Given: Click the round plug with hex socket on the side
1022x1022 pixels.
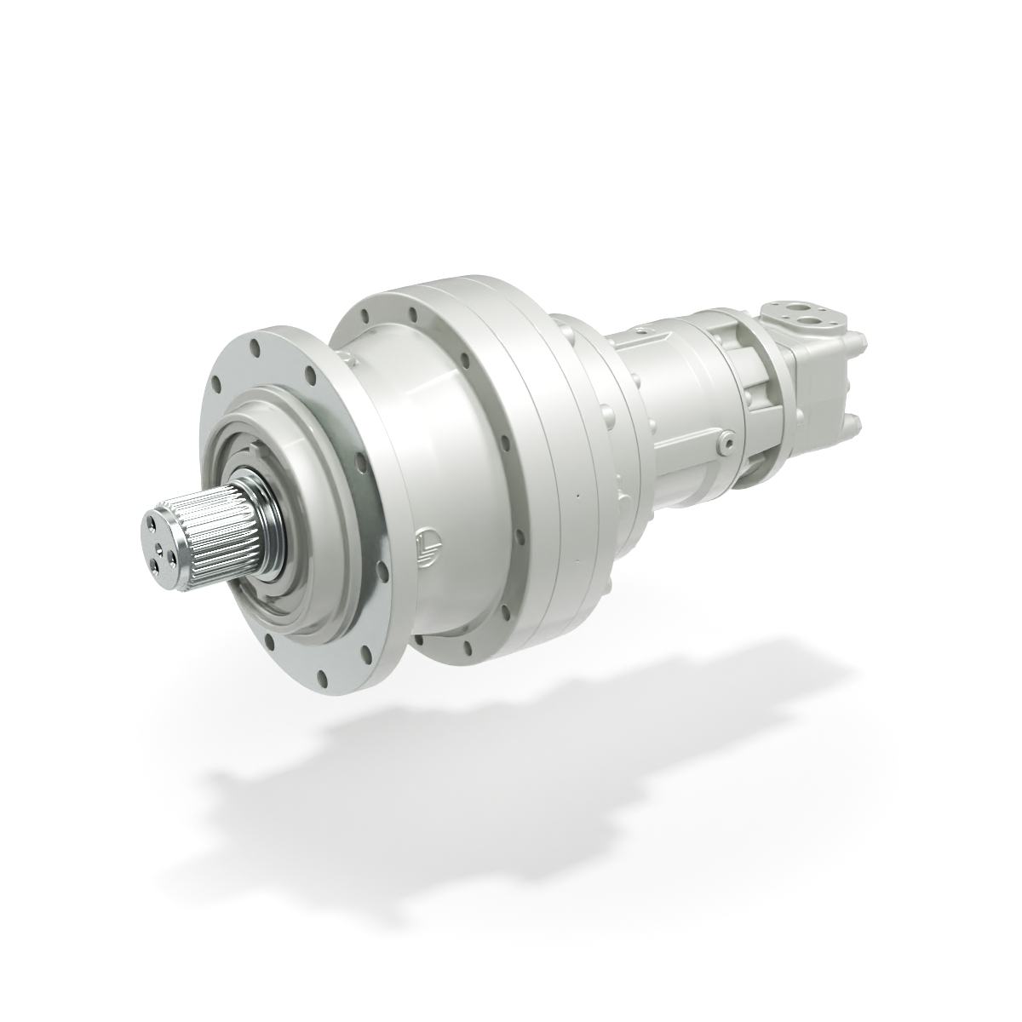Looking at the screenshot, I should (x=726, y=441).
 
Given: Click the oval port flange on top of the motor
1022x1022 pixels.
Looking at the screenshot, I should (x=805, y=313).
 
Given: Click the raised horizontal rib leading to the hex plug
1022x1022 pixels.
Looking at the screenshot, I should (x=681, y=434).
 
